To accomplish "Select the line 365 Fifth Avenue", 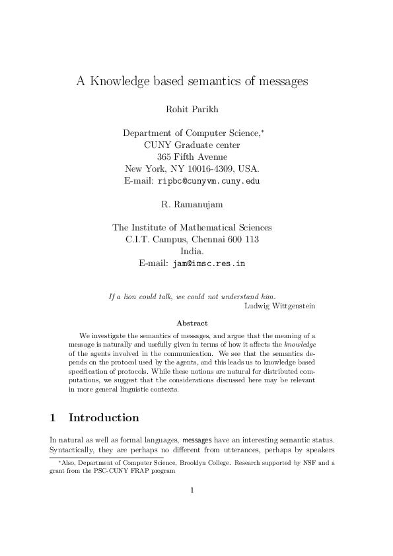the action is pyautogui.click(x=192, y=156).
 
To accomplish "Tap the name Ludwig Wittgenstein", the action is pyautogui.click(x=270, y=306).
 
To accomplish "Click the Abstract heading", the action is pyautogui.click(x=192, y=323).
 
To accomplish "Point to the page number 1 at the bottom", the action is pyautogui.click(x=192, y=490).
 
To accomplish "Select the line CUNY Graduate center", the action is pyautogui.click(x=192, y=145).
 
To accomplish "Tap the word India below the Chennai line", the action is pyautogui.click(x=192, y=251).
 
